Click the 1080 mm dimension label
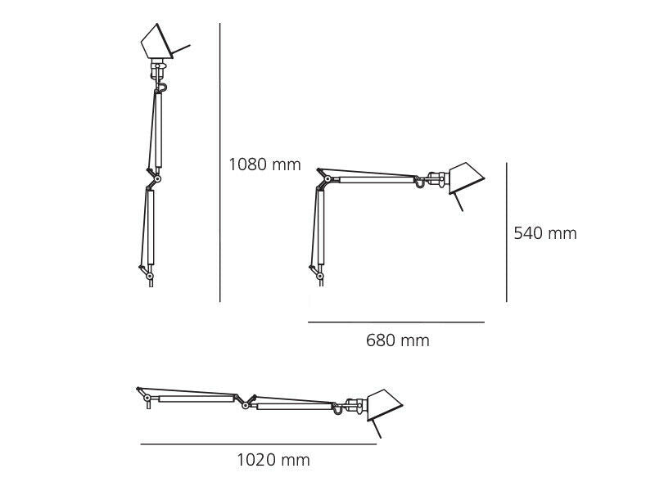264,164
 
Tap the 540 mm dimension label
544,233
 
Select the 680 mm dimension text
397,340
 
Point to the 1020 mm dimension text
273,460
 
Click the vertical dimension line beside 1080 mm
220,164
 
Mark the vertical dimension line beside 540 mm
506,232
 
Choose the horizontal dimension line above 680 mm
396,322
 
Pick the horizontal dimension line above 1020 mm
258,444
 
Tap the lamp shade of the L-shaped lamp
464,176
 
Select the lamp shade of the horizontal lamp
384,404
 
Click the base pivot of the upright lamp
149,277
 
